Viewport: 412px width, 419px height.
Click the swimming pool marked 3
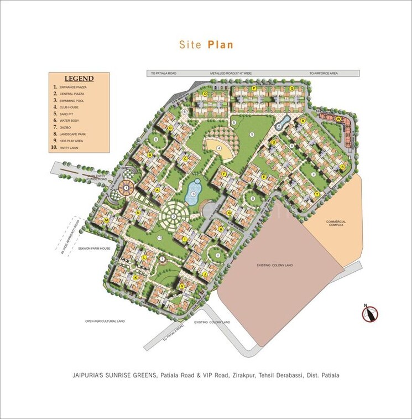[194, 190]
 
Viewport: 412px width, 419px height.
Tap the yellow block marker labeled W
[338, 119]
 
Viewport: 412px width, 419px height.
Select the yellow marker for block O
[205, 94]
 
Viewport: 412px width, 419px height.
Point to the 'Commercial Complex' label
[336, 224]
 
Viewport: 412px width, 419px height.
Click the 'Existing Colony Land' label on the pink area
[274, 266]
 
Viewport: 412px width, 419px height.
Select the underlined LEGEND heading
[79, 79]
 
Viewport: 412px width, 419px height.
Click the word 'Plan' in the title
[221, 45]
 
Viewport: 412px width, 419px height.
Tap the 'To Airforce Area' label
[324, 73]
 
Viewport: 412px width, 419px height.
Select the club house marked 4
[219, 148]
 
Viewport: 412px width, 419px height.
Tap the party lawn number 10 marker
[159, 238]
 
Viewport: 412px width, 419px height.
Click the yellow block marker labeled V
[182, 286]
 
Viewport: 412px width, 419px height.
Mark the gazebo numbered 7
[162, 258]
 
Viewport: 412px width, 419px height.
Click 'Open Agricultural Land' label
[105, 321]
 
